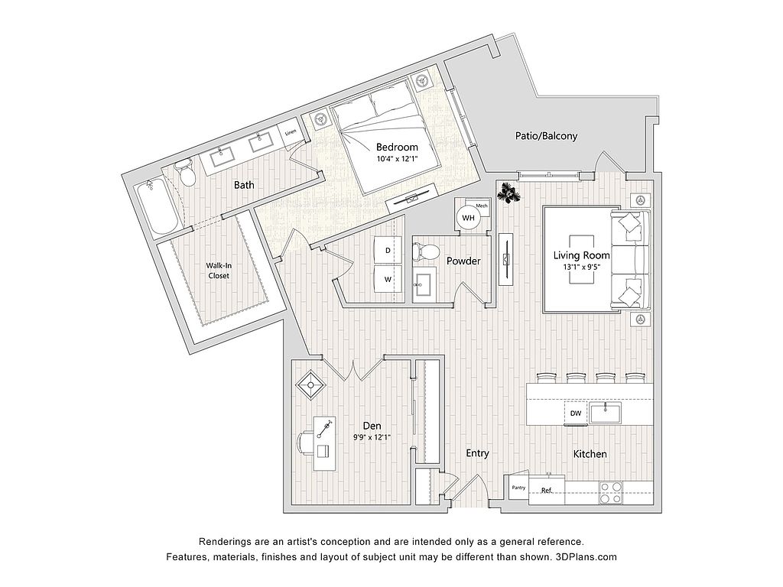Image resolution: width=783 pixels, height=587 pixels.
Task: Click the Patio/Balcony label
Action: (545, 137)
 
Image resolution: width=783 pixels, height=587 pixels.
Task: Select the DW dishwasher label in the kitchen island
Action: (576, 413)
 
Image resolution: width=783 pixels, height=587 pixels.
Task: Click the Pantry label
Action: (518, 487)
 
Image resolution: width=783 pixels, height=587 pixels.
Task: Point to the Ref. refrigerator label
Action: (547, 490)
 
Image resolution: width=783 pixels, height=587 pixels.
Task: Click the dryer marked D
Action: (388, 250)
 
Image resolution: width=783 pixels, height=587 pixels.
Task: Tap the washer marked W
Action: (388, 279)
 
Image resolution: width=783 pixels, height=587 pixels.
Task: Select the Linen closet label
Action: (290, 134)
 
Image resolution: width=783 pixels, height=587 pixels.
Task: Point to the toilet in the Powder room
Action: (426, 250)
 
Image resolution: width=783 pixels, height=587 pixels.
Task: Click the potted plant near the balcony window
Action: (508, 193)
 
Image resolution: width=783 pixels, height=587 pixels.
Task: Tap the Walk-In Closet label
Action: (218, 271)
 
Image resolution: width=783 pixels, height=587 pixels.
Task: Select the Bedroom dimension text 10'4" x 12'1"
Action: (398, 159)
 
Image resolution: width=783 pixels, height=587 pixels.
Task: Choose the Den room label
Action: (372, 426)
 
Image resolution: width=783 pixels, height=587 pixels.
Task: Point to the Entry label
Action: (477, 453)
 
